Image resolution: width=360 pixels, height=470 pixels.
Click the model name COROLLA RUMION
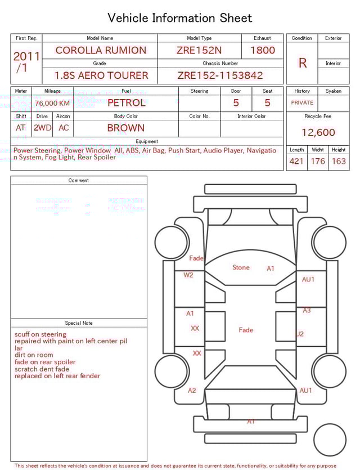coord(100,50)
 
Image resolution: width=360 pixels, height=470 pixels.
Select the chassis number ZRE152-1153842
coord(220,75)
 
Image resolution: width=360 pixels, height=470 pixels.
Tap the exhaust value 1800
coord(262,50)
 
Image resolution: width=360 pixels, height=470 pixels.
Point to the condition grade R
coord(302,63)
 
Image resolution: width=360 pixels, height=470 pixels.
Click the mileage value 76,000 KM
coord(52,103)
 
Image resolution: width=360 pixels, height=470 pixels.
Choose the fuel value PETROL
coord(126,103)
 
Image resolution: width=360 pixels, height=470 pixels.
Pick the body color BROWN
coord(125,128)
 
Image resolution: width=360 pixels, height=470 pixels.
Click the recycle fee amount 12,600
coord(318,133)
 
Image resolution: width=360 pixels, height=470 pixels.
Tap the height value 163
coord(339,162)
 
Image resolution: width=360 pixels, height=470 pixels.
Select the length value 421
coord(296,162)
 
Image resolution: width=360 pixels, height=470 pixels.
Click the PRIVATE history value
coord(302,103)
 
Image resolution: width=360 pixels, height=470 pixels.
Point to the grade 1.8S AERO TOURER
coord(101,75)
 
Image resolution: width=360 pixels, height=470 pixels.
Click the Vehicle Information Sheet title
coord(180,18)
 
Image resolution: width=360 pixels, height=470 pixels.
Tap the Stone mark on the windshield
coord(241,267)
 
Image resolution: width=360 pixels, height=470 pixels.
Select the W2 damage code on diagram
coord(188,275)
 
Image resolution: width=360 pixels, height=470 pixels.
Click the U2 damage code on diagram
coord(300,334)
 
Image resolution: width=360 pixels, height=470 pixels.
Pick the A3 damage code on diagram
coord(307,311)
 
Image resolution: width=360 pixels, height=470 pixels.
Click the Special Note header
coord(79,323)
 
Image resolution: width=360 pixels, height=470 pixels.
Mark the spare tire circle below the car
coord(330,440)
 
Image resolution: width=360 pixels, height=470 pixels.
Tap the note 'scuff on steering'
coord(40,334)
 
